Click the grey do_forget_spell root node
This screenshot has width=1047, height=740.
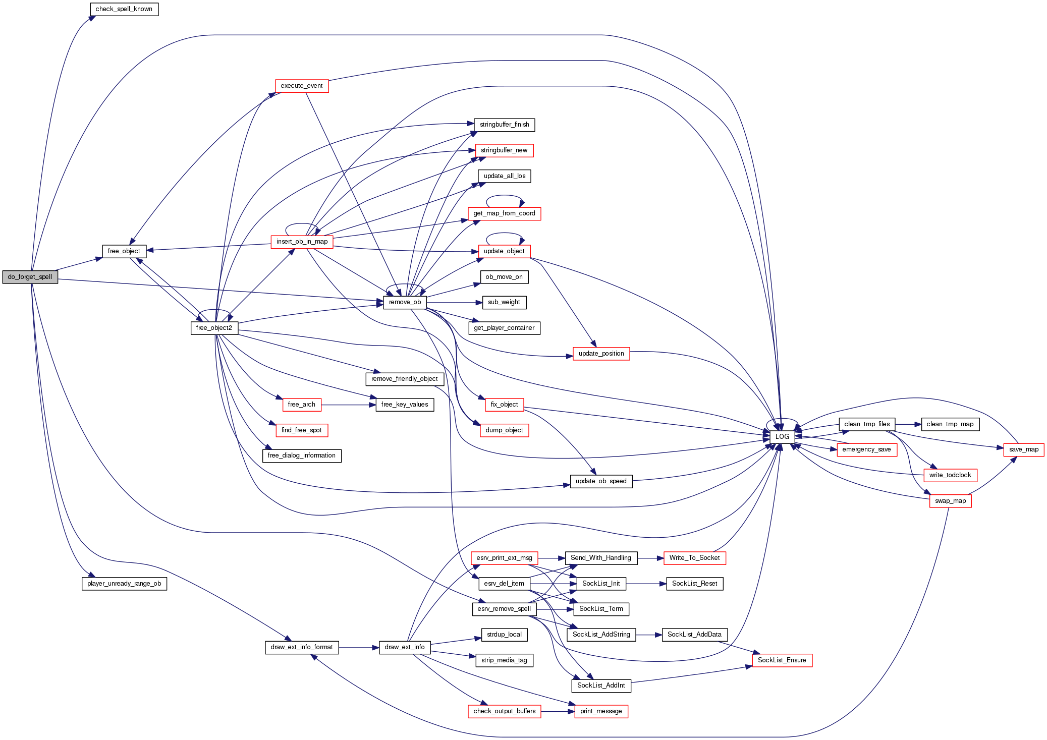(x=30, y=277)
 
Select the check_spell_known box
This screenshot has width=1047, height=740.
(x=124, y=9)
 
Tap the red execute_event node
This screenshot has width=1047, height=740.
(x=301, y=86)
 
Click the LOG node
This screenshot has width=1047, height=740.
(x=782, y=436)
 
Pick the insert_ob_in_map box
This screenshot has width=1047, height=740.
(x=302, y=242)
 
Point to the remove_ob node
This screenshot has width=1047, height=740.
(x=405, y=302)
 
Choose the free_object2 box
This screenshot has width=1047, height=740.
(x=214, y=328)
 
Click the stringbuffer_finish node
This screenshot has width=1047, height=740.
(x=504, y=125)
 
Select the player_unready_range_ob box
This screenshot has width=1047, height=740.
(x=124, y=584)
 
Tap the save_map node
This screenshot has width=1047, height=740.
(x=1023, y=449)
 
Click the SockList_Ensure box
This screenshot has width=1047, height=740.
(x=782, y=660)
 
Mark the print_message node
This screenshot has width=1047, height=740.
(x=601, y=711)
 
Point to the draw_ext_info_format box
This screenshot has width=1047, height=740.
(x=302, y=647)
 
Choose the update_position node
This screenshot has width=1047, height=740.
(x=601, y=354)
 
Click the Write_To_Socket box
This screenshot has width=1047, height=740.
(x=694, y=558)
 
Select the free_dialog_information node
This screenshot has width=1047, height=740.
(x=301, y=456)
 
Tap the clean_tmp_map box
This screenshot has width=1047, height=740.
(x=950, y=424)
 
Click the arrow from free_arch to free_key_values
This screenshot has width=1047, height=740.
(x=348, y=405)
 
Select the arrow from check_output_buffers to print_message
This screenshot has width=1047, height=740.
(x=558, y=711)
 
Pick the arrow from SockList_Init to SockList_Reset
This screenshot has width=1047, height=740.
(x=646, y=584)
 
